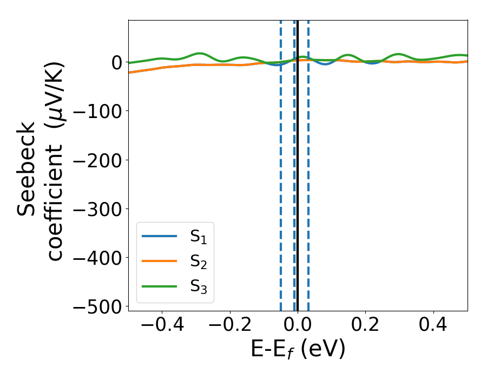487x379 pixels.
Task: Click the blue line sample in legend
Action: [159, 236]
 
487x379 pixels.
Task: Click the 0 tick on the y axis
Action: [117, 63]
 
